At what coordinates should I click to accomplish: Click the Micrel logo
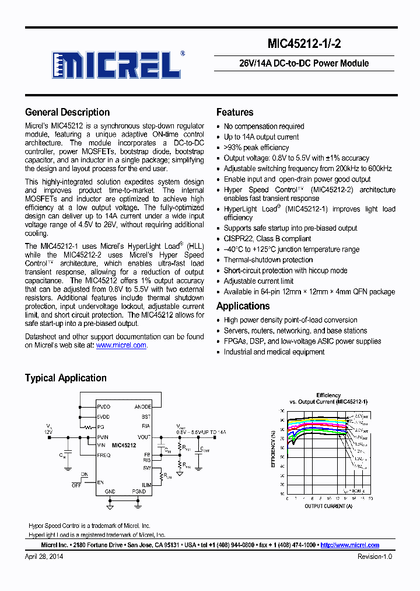(x=117, y=65)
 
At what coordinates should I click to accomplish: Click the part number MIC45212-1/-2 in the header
(x=318, y=43)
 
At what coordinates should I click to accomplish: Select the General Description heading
(x=67, y=112)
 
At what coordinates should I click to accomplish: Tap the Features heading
(x=235, y=112)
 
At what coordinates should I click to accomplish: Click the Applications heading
(x=243, y=306)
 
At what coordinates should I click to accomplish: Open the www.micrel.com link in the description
(x=121, y=345)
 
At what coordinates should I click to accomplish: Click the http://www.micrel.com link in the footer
(x=350, y=545)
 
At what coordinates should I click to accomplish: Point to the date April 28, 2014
(x=44, y=557)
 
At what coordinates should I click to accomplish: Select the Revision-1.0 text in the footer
(x=374, y=557)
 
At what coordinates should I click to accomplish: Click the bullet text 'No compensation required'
(x=264, y=126)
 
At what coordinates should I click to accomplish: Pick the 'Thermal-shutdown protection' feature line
(x=268, y=260)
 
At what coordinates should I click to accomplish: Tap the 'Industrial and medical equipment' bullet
(x=274, y=352)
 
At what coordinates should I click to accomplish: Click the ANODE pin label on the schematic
(x=142, y=406)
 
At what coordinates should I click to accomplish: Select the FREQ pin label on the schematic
(x=104, y=455)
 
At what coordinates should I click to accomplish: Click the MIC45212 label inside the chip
(x=124, y=445)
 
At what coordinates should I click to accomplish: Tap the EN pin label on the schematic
(x=100, y=482)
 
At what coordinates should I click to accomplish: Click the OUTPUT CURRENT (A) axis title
(x=328, y=506)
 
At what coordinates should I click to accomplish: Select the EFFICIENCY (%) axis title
(x=274, y=449)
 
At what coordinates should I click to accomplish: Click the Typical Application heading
(x=65, y=378)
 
